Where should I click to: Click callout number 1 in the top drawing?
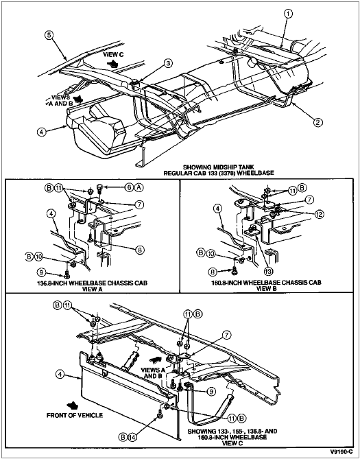[x=289, y=14]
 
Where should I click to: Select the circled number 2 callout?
[x=318, y=122]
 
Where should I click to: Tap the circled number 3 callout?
[x=168, y=63]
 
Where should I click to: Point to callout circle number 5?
[x=49, y=35]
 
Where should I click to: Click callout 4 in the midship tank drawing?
[x=42, y=132]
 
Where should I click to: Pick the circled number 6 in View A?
[x=130, y=187]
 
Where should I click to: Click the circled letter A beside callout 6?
[x=139, y=187]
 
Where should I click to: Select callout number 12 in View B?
[x=319, y=214]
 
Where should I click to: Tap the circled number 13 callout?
[x=268, y=272]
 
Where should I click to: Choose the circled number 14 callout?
[x=132, y=437]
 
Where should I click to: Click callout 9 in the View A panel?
[x=41, y=272]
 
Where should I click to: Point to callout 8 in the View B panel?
[x=213, y=272]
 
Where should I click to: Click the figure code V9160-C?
[x=341, y=451]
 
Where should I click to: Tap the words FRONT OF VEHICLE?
[x=75, y=415]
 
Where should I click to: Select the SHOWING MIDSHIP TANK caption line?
[x=219, y=167]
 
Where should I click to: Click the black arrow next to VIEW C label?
[x=112, y=63]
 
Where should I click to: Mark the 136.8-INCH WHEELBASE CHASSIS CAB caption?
[x=92, y=283]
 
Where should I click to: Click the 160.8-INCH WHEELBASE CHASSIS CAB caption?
[x=266, y=283]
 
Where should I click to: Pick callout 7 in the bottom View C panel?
[x=226, y=335]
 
